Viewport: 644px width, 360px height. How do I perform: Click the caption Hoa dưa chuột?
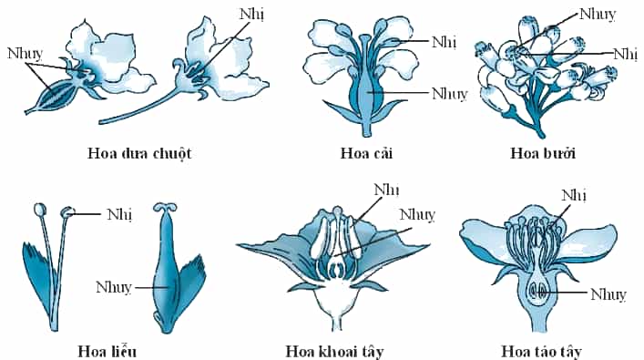139,154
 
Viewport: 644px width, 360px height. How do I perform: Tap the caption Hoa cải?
367,154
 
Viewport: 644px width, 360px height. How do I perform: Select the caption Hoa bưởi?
543,153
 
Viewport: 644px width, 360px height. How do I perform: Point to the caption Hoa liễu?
107,352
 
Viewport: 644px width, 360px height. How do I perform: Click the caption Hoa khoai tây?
334,352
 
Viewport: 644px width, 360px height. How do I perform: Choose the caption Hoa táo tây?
542,352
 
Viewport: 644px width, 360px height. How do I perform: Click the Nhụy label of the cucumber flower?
25,55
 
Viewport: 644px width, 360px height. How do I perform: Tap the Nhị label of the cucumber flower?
251,15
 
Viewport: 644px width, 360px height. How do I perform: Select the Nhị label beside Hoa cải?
444,42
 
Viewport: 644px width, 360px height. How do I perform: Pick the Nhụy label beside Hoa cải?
450,94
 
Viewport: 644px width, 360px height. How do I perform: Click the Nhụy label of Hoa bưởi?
598,15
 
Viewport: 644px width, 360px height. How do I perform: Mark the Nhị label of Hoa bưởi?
626,55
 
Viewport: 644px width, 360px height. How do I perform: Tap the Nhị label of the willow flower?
119,215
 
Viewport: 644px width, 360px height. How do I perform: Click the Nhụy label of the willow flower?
114,287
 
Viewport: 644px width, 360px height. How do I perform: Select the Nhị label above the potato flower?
386,190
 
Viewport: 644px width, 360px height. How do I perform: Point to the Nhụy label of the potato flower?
417,215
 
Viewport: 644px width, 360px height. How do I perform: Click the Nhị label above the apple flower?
574,196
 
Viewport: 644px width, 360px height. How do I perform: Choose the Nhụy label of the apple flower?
608,294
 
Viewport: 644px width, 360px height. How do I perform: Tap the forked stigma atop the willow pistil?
165,207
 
